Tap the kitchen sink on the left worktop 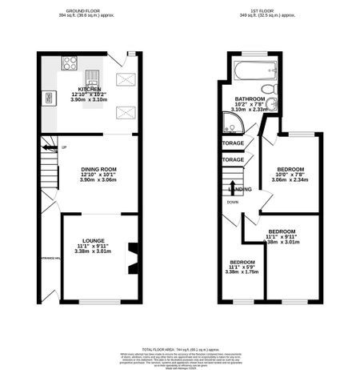coord(49,98)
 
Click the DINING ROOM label coord(99,169)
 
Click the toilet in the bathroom coord(271,88)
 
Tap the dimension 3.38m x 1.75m coord(242,272)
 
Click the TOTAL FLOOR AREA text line coord(180,350)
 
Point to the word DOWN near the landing coord(232,202)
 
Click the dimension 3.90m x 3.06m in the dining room coord(99,180)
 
